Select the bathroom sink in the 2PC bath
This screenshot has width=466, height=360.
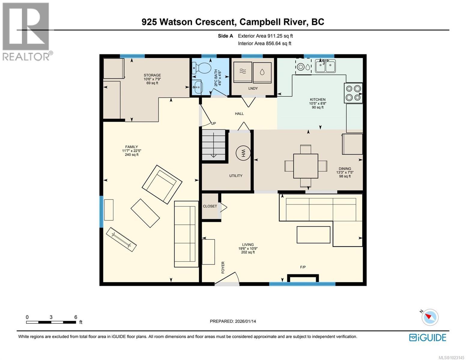coord(197,87)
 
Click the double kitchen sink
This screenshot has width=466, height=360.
coord(325,66)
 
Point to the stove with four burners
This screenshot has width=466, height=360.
coord(353,93)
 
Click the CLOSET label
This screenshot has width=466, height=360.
coord(210,206)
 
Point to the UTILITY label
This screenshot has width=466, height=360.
coord(236,176)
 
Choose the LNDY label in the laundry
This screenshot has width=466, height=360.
coord(253,88)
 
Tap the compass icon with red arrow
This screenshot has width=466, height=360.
coord(430,317)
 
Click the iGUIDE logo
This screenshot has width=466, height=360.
coord(428,337)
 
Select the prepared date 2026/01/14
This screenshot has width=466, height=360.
coord(233,321)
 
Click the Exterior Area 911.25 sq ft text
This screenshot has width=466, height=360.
coord(265,36)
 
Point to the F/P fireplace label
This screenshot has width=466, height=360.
coord(303,267)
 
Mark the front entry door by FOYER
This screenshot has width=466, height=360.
coord(227,279)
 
